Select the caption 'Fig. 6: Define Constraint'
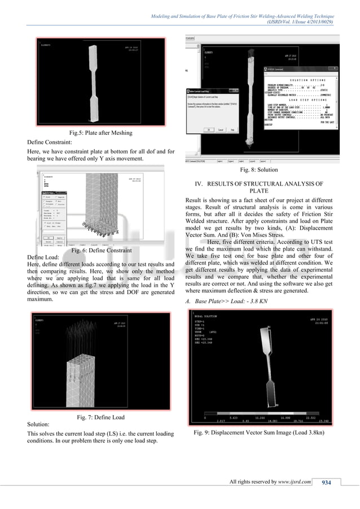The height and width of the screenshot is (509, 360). tap(100, 250)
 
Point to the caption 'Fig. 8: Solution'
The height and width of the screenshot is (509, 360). tap(259, 169)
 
